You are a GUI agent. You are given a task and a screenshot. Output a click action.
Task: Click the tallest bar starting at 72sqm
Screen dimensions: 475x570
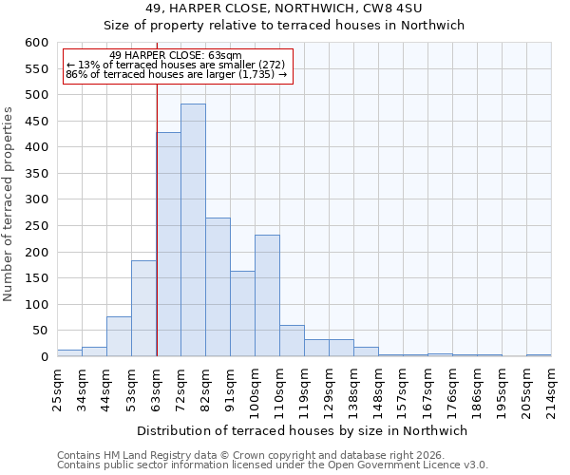[193, 230]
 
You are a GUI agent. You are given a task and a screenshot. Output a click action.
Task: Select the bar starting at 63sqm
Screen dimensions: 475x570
[168, 244]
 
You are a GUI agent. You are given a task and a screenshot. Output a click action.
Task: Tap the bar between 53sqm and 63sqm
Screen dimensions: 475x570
[143, 309]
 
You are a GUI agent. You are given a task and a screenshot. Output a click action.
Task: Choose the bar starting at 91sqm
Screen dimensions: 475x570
[242, 313]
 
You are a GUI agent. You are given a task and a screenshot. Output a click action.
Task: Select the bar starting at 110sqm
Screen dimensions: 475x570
[292, 340]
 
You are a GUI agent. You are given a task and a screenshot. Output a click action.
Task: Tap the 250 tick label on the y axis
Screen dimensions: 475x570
[36, 226]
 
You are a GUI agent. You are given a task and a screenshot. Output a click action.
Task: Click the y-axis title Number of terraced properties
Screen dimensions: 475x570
[9, 204]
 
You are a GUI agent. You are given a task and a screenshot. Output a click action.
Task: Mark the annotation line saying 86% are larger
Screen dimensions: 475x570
[176, 74]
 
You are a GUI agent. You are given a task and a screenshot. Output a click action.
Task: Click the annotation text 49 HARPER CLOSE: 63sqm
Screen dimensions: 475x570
[176, 55]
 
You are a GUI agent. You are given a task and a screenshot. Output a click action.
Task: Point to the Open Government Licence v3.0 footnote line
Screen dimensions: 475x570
[273, 465]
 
